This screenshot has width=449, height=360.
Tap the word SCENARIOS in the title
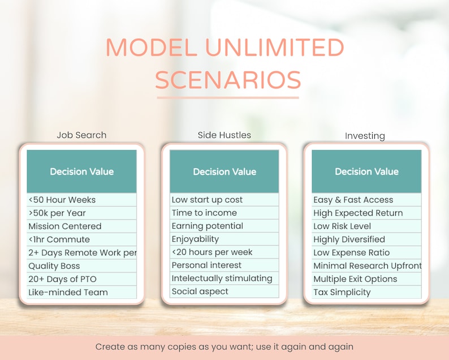click(x=228, y=80)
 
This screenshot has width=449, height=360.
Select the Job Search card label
click(x=81, y=135)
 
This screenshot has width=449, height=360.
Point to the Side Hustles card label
click(x=225, y=135)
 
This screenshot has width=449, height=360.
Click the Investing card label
click(x=365, y=136)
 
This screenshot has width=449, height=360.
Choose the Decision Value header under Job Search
click(x=81, y=172)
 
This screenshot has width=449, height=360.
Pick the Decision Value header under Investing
click(x=366, y=172)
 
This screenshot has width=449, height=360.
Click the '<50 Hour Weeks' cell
click(x=81, y=200)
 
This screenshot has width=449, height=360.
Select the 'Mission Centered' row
click(x=81, y=226)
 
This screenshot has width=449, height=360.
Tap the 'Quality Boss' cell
click(x=81, y=266)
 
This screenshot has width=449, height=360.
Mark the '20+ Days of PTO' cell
click(x=81, y=279)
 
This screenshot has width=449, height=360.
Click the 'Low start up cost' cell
click(x=224, y=200)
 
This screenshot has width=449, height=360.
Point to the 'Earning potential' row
click(x=224, y=226)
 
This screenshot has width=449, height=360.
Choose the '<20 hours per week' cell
click(x=224, y=252)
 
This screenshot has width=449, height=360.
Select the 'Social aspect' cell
click(x=224, y=292)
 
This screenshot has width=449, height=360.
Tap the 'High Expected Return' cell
click(x=366, y=213)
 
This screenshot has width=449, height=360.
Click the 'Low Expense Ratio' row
click(x=366, y=252)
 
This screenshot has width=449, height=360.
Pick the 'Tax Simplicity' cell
click(x=366, y=292)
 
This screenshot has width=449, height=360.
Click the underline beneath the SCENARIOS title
click(x=227, y=98)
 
